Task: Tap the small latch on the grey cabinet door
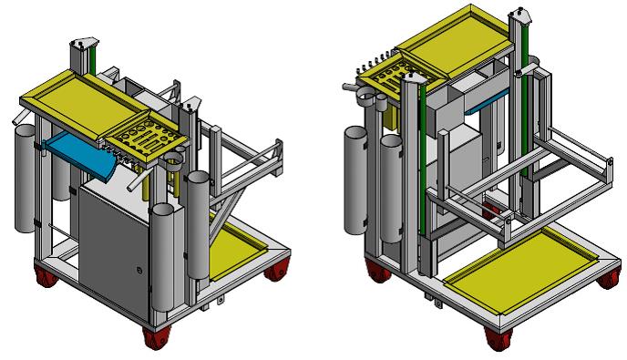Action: (x=137, y=270)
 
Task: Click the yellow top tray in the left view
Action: (x=82, y=92)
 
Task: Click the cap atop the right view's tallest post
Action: (x=521, y=15)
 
